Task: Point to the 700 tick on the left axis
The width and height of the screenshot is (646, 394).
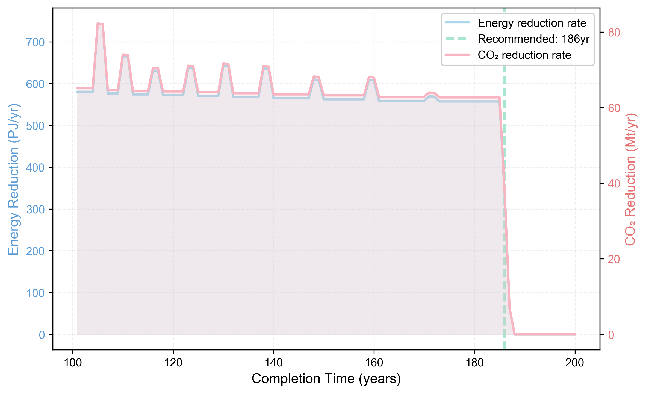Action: [35, 42]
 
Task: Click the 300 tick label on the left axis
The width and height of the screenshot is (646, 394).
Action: [35, 210]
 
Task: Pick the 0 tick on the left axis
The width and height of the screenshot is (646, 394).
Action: [42, 335]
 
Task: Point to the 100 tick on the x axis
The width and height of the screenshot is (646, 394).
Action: [73, 363]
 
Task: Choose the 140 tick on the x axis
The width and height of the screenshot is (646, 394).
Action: [273, 363]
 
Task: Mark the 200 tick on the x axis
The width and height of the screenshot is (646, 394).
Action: [575, 363]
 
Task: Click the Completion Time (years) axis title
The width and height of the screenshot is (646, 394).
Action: [326, 379]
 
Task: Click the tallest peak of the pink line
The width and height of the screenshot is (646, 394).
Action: [100, 24]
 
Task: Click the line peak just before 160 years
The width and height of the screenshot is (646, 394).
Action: [371, 77]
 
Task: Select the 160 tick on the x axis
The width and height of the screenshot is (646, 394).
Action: [374, 363]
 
